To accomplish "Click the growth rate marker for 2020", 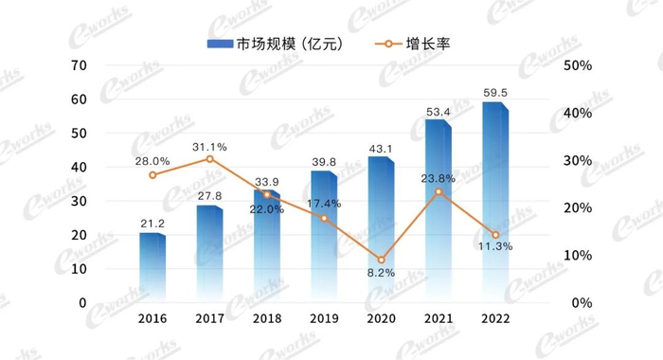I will pos(381,260).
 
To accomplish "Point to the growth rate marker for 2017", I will pos(210,158).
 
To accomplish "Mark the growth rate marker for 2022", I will pos(494,235).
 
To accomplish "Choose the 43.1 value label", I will pos(381,148).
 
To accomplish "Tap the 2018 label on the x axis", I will pos(267,319).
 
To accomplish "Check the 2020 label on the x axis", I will pos(381,319).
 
